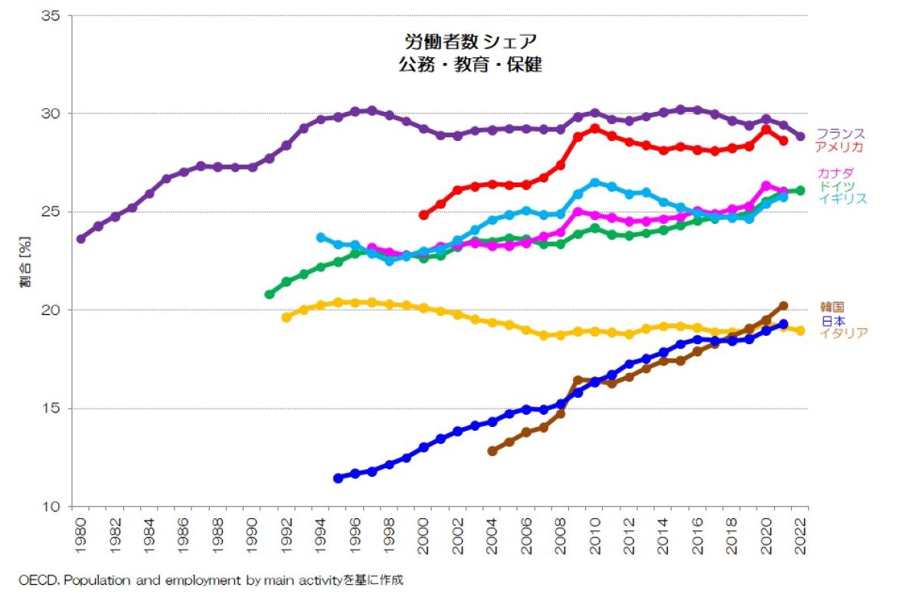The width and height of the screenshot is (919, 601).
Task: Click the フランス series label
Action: click(840, 133)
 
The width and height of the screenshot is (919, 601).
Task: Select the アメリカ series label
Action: click(840, 146)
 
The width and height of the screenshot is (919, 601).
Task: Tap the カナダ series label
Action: click(836, 172)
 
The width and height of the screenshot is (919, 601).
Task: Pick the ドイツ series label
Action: click(836, 186)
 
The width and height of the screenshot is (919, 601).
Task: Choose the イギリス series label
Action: click(842, 199)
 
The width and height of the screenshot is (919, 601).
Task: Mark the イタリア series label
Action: click(842, 333)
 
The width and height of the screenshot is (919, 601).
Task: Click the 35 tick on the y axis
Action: click(51, 15)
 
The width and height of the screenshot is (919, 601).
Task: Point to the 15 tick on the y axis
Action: click(51, 409)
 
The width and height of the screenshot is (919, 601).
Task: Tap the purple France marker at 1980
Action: click(81, 238)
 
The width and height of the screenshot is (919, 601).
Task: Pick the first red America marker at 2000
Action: click(424, 215)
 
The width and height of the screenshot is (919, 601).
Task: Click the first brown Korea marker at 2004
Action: click(492, 452)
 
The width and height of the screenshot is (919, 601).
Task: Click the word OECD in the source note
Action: click(34, 580)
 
